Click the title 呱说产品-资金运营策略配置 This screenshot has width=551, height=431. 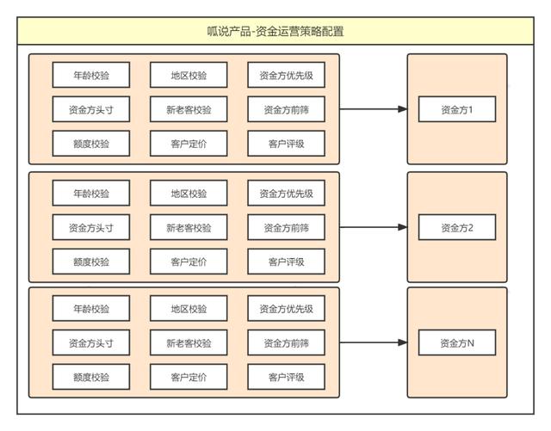pos(275,32)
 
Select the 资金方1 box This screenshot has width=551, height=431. pos(456,110)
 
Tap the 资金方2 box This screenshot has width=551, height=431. pos(456,228)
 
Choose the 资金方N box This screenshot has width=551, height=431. pos(456,343)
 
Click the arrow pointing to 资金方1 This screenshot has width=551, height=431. pos(374,110)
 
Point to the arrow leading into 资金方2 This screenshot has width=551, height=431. pos(374,228)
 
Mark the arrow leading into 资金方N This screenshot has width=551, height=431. pos(374,343)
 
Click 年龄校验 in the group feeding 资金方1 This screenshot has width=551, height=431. pos(91,76)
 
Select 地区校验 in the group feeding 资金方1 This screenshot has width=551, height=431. pos(189,76)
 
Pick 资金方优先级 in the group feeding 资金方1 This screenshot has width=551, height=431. pos(286,76)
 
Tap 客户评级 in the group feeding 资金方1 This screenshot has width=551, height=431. pos(286,144)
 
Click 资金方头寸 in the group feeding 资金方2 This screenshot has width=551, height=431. pos(91,228)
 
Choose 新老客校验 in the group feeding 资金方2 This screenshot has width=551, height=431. pos(189,228)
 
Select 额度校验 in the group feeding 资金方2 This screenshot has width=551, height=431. pos(91,262)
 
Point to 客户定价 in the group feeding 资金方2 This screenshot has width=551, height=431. pos(189,262)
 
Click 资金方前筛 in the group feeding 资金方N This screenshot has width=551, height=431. pos(286,343)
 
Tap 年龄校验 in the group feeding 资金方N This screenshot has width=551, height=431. pos(91,309)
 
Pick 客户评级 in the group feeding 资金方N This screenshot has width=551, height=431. pos(286,377)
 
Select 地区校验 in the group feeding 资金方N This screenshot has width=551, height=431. pos(189,309)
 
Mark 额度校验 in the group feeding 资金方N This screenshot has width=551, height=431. pos(91,377)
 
